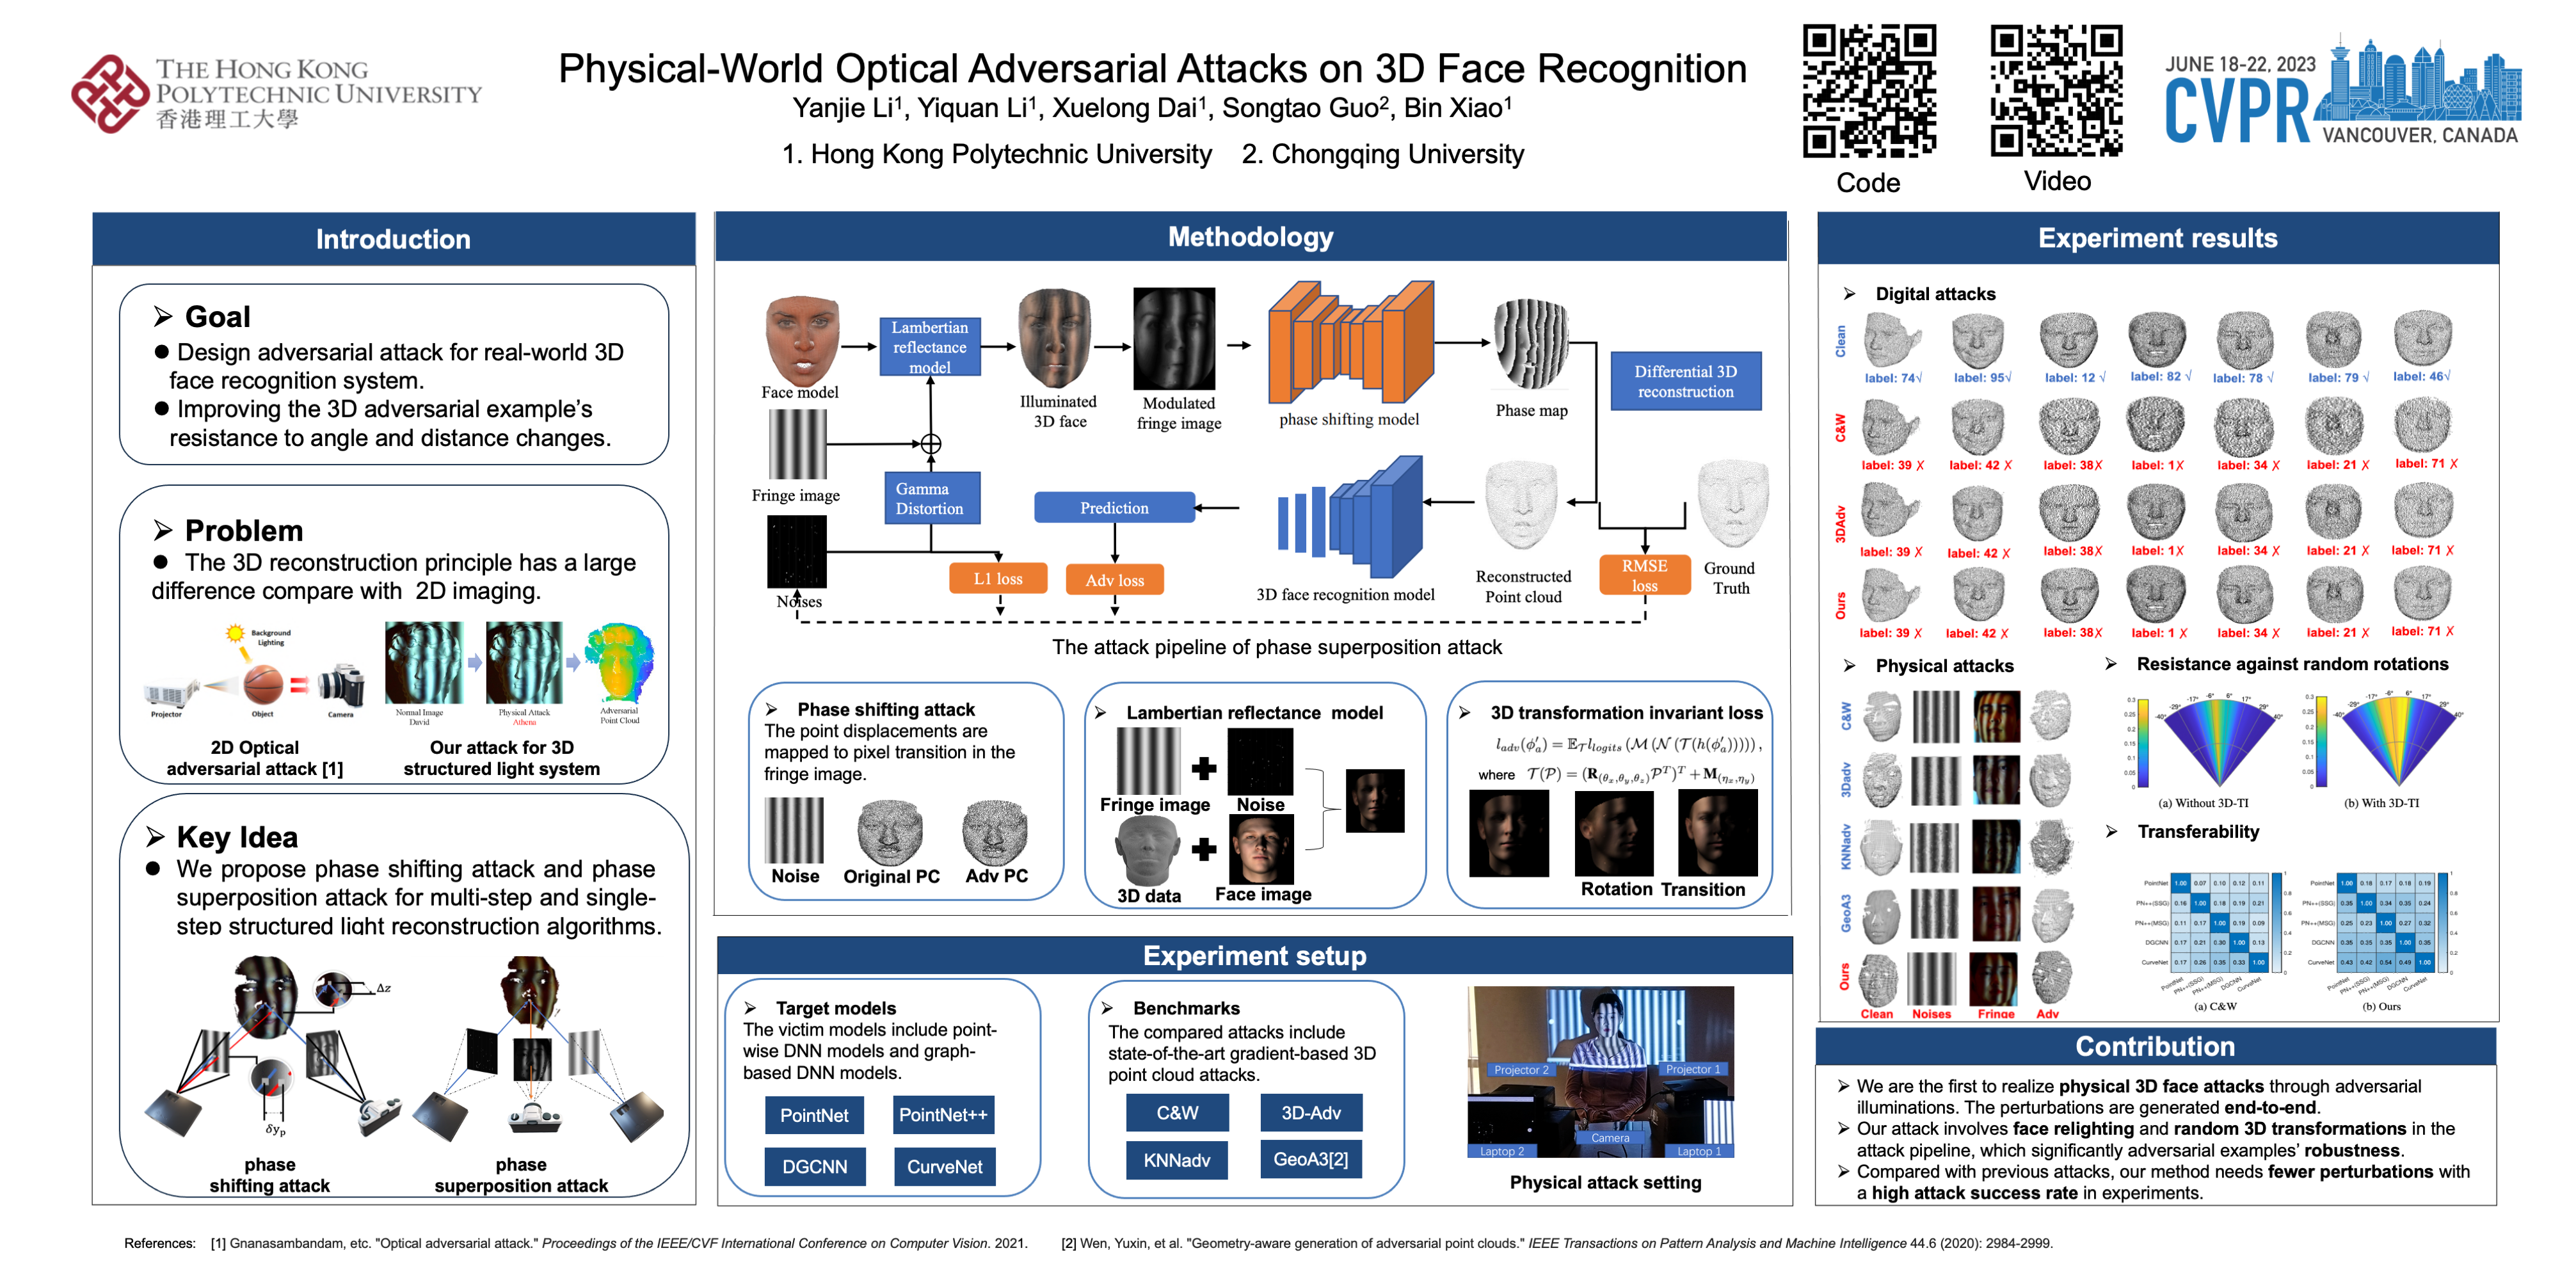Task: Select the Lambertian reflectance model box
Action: pos(929,347)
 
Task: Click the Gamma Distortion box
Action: pos(929,498)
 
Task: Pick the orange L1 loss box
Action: pos(998,579)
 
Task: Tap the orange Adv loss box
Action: pos(1114,579)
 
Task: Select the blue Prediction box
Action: pos(1114,507)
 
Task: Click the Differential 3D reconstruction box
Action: pos(1686,381)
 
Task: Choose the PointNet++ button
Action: pos(943,1115)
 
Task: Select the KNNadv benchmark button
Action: pos(1177,1160)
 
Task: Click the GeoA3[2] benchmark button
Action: pos(1311,1159)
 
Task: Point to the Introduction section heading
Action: pos(394,239)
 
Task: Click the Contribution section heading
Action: pos(2154,1046)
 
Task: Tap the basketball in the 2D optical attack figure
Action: pos(262,684)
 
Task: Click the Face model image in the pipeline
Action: pos(802,340)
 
